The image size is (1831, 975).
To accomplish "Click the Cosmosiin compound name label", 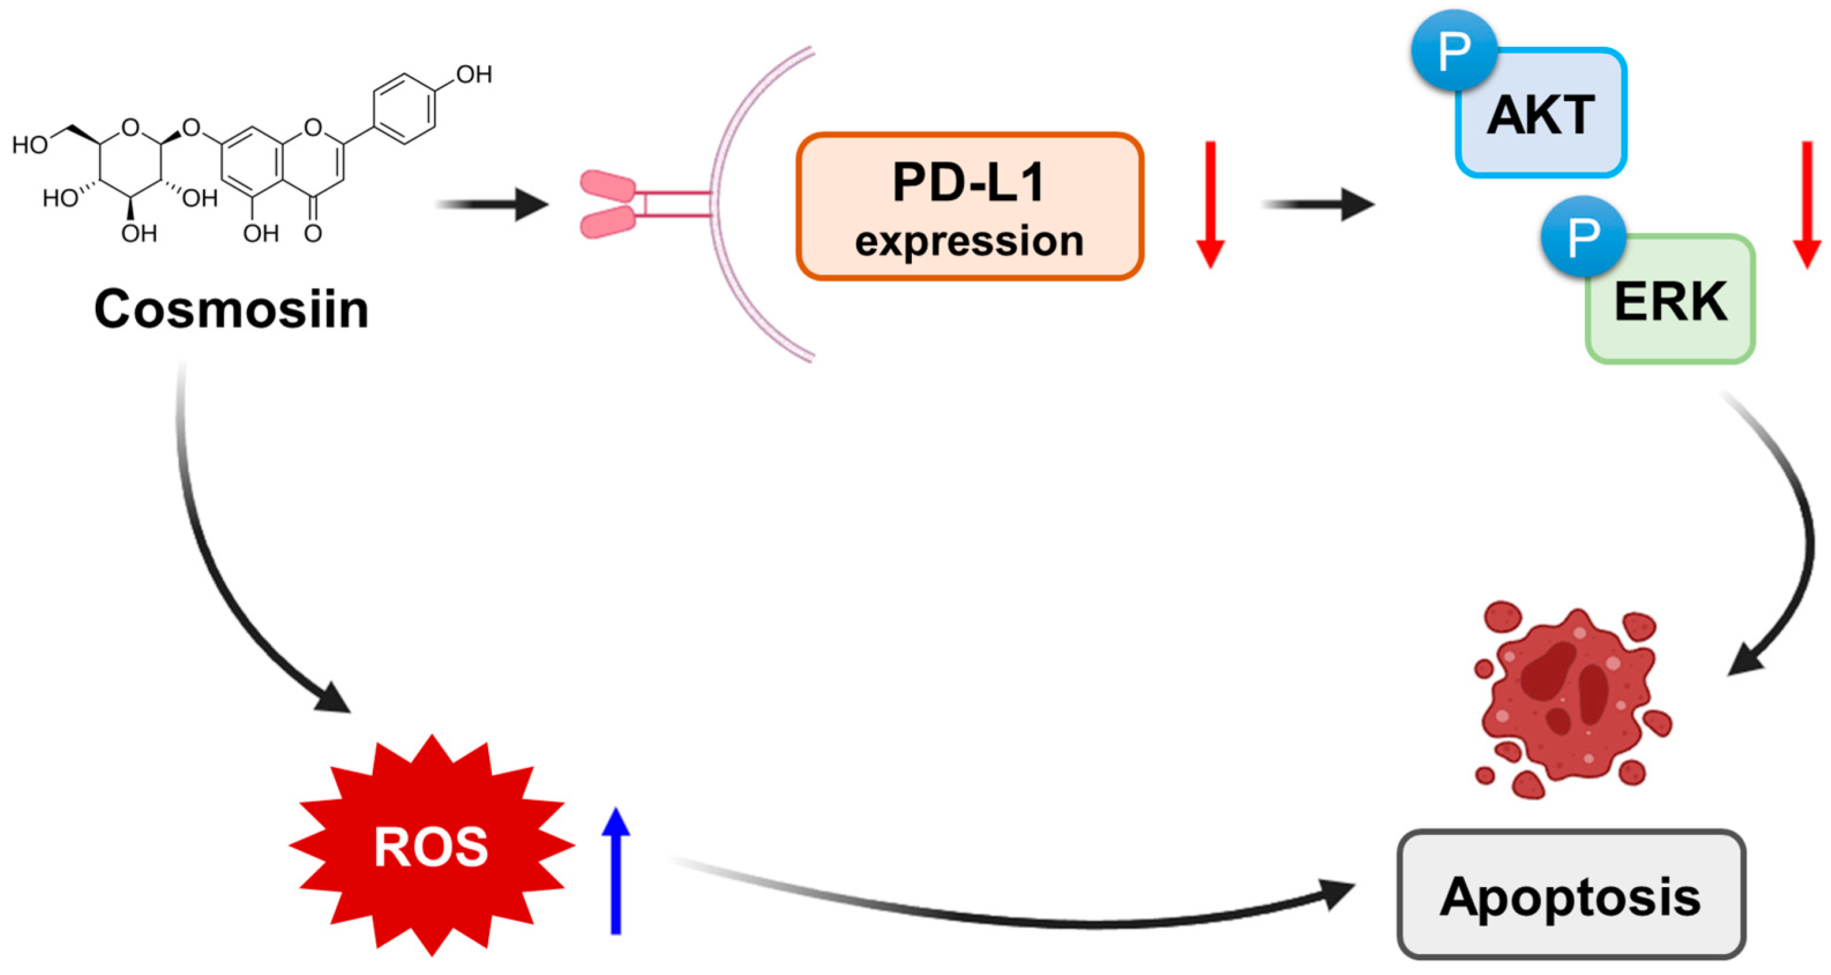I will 232,309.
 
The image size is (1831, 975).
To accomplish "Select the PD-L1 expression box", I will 969,206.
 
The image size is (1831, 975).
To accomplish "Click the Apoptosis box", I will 1571,896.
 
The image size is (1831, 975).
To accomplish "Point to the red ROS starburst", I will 432,846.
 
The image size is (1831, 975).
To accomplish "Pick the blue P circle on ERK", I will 1583,237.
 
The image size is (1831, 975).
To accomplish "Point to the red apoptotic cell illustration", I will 1571,700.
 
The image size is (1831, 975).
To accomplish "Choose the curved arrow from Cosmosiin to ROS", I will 214,569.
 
